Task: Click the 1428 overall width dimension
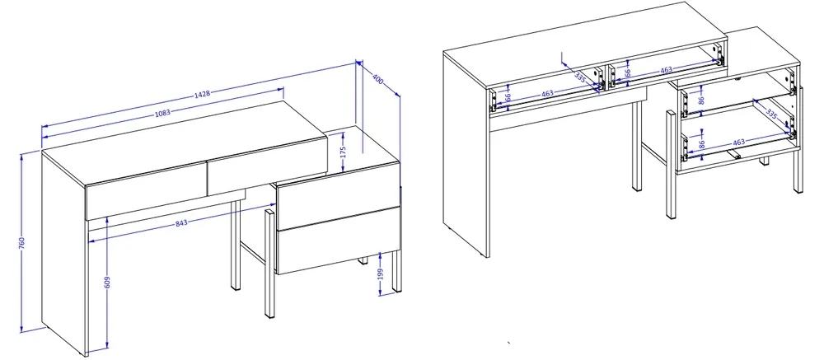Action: [x=203, y=94]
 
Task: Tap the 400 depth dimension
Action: [x=378, y=79]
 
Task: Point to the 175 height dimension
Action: [x=343, y=152]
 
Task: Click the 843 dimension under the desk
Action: [x=180, y=222]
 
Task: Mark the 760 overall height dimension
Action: [x=22, y=243]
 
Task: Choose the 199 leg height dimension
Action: [x=381, y=274]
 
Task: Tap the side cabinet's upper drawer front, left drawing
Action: [x=338, y=196]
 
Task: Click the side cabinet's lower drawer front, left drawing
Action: [x=338, y=241]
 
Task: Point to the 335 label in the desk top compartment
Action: [x=580, y=77]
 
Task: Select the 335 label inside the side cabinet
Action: [x=771, y=113]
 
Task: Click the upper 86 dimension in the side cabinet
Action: [x=702, y=100]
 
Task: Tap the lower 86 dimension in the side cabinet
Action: [x=701, y=143]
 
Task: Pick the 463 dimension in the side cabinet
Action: [x=739, y=142]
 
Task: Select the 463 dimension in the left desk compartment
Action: [x=547, y=94]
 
